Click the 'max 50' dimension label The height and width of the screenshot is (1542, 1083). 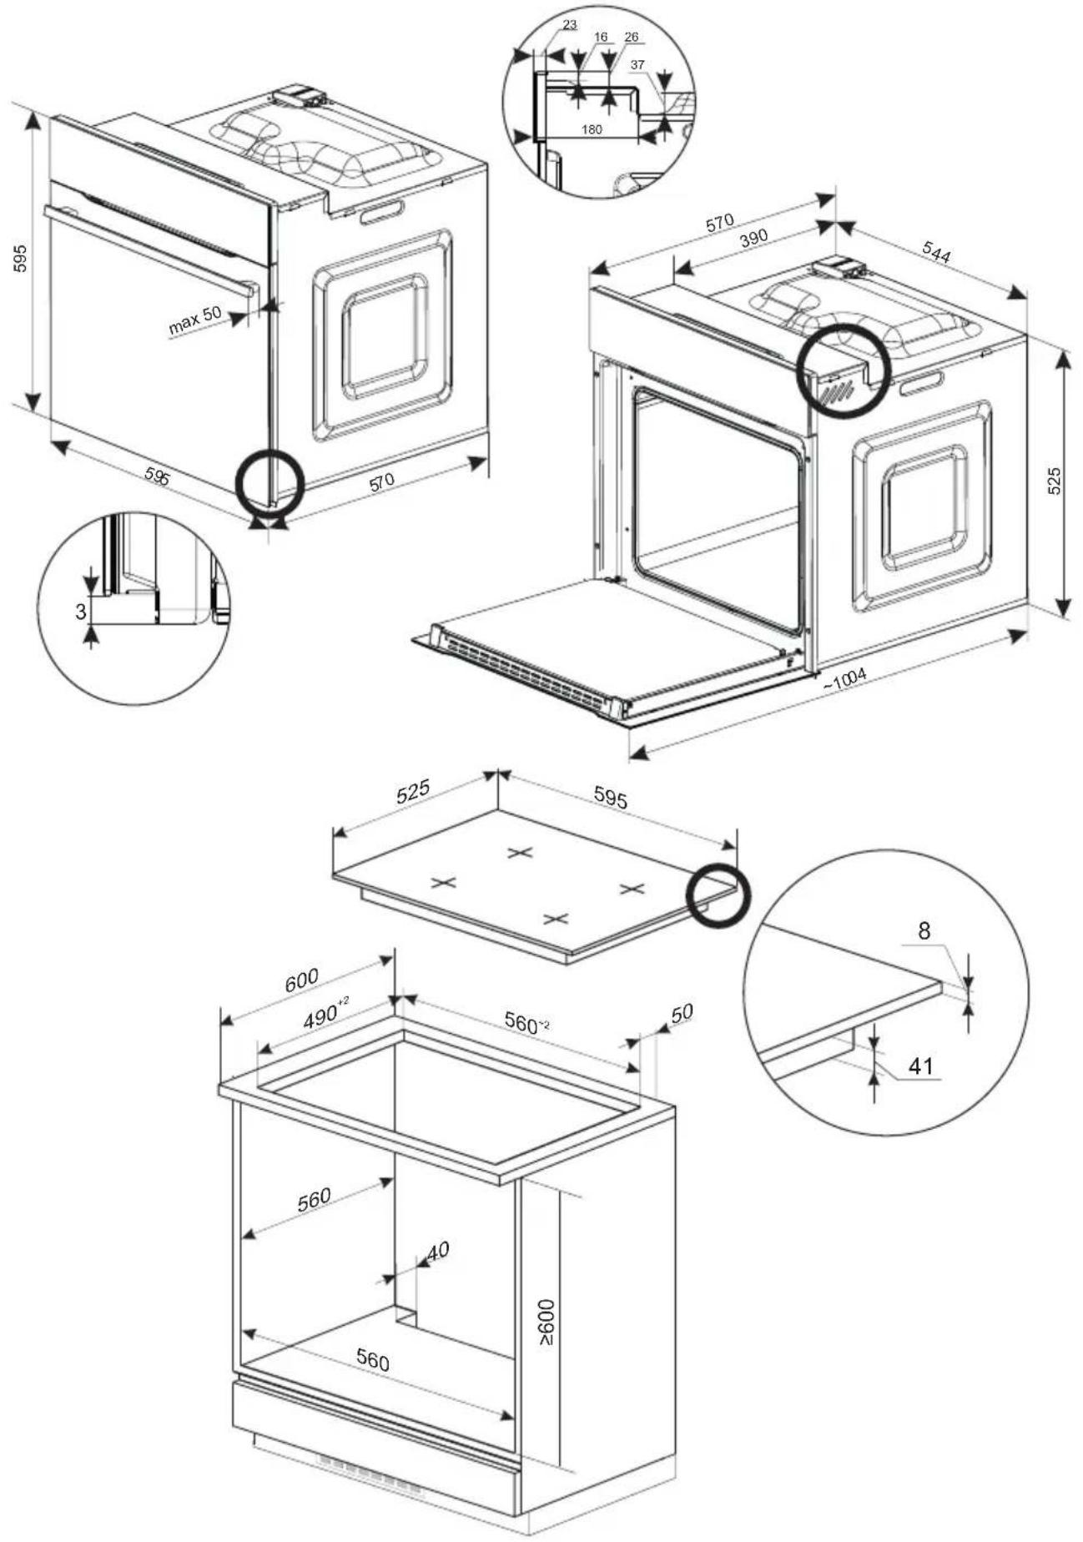pos(194,320)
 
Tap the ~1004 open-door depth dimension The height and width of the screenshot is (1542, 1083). pos(844,678)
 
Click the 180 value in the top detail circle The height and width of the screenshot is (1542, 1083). pos(591,129)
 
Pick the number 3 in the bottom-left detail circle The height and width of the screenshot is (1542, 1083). pos(81,612)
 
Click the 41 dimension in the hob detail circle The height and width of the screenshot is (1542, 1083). pos(921,1066)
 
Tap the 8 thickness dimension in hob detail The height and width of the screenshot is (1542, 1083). pos(924,930)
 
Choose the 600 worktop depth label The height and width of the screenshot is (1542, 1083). pos(301,979)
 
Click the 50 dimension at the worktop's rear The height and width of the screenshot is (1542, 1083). pos(682,1013)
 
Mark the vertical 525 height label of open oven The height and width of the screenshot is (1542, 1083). pos(1054,481)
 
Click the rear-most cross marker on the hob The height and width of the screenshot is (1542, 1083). pos(519,852)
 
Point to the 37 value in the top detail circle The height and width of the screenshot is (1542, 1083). pos(637,64)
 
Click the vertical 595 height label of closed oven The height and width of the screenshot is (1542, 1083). pos(21,259)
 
